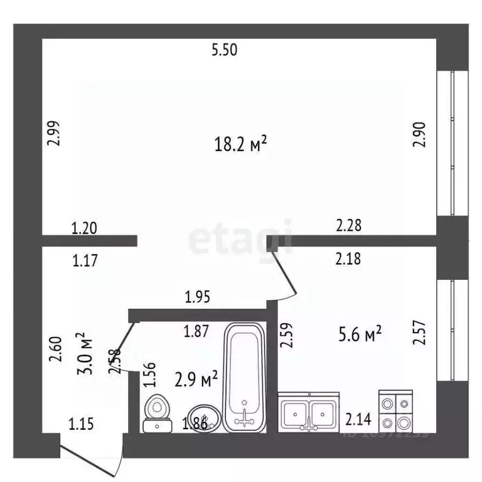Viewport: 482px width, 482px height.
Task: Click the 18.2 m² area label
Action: pyautogui.click(x=241, y=145)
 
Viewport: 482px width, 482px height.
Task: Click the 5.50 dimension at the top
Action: pyautogui.click(x=224, y=51)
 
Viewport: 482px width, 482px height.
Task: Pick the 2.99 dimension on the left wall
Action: pyautogui.click(x=55, y=133)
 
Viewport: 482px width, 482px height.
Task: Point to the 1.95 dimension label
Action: pyautogui.click(x=196, y=296)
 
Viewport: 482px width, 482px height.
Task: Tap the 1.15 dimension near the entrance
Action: pyautogui.click(x=81, y=424)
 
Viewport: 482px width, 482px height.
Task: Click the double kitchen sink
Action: pyautogui.click(x=309, y=413)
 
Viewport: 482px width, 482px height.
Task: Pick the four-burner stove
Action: pyautogui.click(x=395, y=410)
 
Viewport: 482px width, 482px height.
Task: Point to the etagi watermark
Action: pyautogui.click(x=240, y=238)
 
